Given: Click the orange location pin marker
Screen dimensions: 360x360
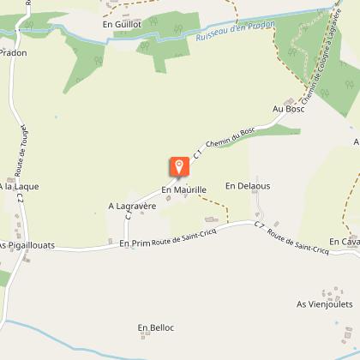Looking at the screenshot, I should click(178, 166).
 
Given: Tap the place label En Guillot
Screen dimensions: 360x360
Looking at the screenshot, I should click(120, 25).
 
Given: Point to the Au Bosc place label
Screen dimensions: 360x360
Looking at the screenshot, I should click(288, 109).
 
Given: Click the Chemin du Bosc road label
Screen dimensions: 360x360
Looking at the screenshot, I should click(226, 137).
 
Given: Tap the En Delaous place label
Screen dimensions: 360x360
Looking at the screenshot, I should click(248, 185).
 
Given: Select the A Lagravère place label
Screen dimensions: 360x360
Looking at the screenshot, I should click(130, 206).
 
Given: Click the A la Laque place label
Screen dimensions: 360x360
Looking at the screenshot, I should click(19, 186).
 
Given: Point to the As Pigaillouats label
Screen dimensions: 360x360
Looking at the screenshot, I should click(27, 245).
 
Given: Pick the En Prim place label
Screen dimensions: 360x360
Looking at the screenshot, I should click(135, 244).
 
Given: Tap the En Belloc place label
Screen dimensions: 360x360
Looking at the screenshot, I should click(156, 327).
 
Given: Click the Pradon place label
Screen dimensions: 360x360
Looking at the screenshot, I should click(13, 52).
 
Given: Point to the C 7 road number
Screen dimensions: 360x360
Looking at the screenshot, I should click(259, 225).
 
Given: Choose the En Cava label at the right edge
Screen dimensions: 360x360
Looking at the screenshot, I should click(344, 242).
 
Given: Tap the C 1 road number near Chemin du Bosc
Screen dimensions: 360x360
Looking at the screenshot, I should click(199, 153).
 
